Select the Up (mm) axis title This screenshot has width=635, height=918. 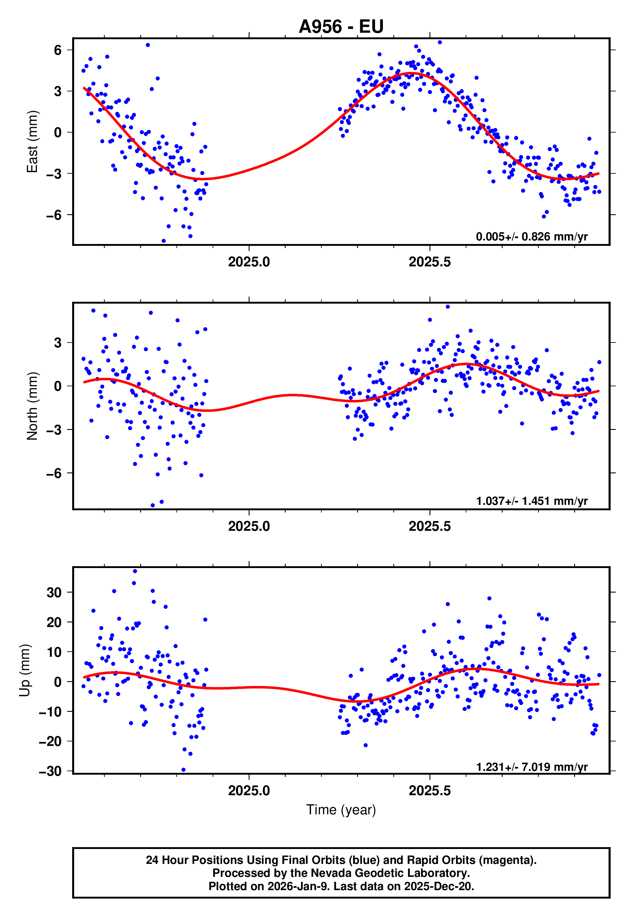tap(25, 670)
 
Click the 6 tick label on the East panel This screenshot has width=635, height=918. tap(58, 50)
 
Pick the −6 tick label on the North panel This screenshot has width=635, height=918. tap(54, 473)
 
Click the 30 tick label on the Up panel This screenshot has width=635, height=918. tap(54, 592)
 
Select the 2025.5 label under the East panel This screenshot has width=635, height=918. tap(430, 262)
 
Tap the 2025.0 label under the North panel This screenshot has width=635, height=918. tap(249, 527)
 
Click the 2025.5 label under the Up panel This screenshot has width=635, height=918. tap(430, 791)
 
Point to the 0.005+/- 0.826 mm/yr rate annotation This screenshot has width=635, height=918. tap(531, 237)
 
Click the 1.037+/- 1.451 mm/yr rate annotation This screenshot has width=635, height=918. tap(531, 501)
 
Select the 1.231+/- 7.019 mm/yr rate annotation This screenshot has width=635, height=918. tap(531, 767)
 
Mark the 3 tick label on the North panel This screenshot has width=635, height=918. tap(58, 343)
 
